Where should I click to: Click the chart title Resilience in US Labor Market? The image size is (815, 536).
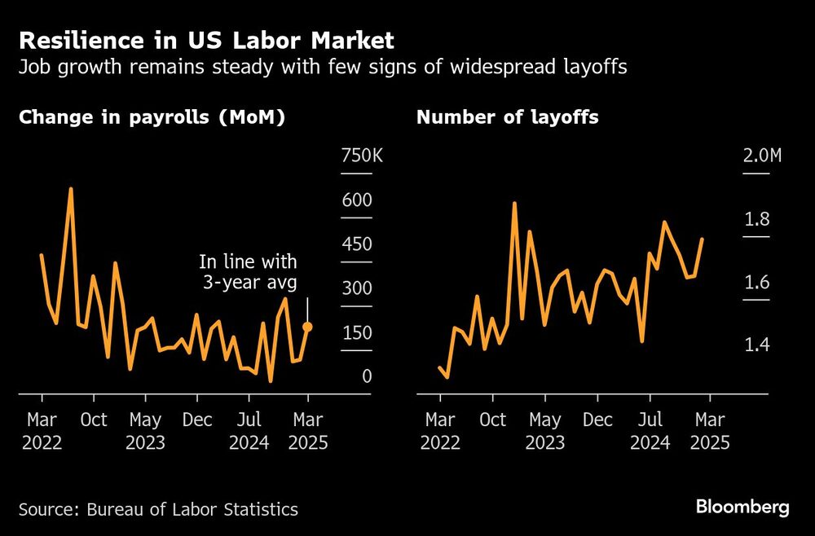[206, 40]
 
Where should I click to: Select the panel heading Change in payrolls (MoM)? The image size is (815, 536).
[152, 117]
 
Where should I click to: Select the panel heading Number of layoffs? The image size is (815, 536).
[507, 117]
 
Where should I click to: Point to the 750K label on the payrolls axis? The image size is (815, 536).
[361, 156]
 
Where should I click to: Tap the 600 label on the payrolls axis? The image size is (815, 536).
[356, 200]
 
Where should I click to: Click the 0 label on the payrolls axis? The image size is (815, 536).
[367, 376]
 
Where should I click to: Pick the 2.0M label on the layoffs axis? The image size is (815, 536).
[762, 156]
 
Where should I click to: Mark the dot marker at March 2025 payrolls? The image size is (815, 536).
[307, 327]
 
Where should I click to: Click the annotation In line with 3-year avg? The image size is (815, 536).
[249, 272]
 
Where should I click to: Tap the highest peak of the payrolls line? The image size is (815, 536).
[71, 189]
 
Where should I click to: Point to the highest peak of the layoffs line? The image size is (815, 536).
[514, 203]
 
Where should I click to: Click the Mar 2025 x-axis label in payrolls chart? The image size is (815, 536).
[307, 432]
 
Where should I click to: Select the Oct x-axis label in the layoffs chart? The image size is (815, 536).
[493, 420]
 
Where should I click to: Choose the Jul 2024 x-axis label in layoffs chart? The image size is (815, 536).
[650, 432]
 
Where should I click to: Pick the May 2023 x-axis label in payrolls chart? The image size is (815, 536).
[145, 432]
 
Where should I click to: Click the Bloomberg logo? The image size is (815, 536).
[742, 507]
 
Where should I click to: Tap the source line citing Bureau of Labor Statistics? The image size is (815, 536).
[158, 510]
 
